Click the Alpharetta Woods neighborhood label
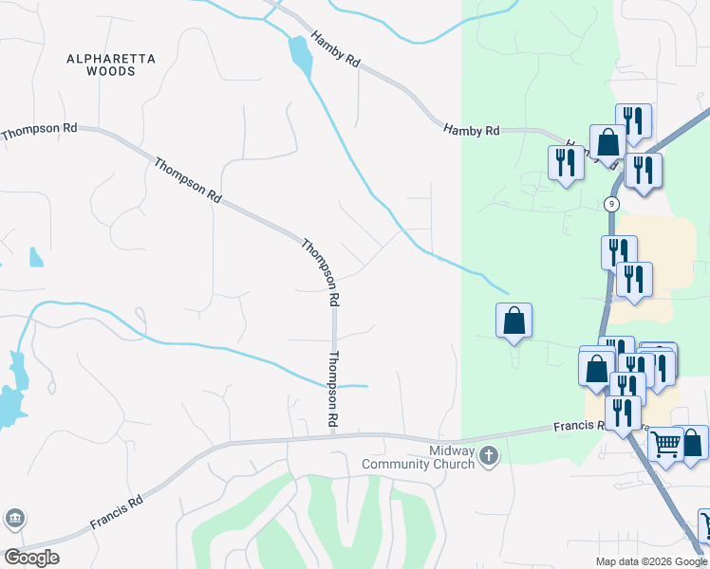111,64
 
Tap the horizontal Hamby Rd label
471,130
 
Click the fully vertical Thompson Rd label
333,388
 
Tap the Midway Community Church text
418,457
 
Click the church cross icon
489,456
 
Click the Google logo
31,558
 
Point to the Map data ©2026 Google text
651,561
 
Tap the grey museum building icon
15,518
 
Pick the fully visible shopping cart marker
665,442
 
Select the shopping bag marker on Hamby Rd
607,142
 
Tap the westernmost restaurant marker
566,162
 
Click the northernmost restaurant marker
632,120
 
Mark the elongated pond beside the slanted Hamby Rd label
301,56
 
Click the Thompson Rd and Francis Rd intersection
334,436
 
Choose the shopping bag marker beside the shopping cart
692,442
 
